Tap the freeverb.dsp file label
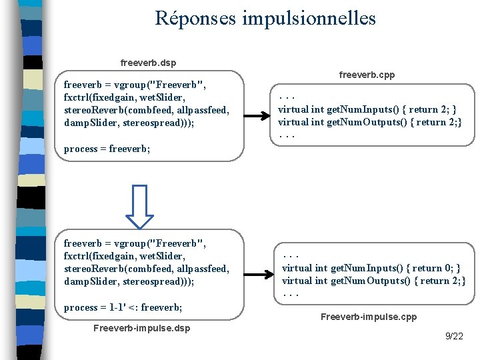coord(148,63)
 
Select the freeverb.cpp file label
coord(367,75)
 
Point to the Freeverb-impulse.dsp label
coord(141,328)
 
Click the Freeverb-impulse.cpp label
coord(368,317)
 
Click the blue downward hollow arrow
coord(140,207)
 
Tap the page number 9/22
coord(454,336)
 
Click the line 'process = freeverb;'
coord(107,149)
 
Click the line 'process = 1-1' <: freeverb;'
coord(123,307)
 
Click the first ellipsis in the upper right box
coord(287,97)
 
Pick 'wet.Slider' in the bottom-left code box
coord(163,256)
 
